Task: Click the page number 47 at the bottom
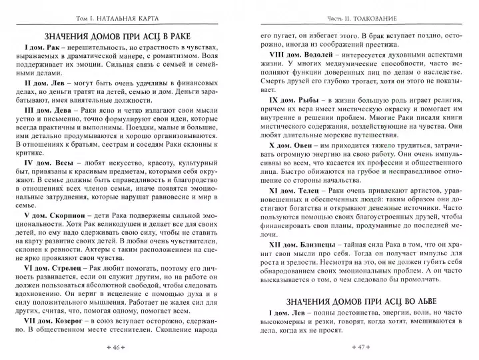pos(360,347)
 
